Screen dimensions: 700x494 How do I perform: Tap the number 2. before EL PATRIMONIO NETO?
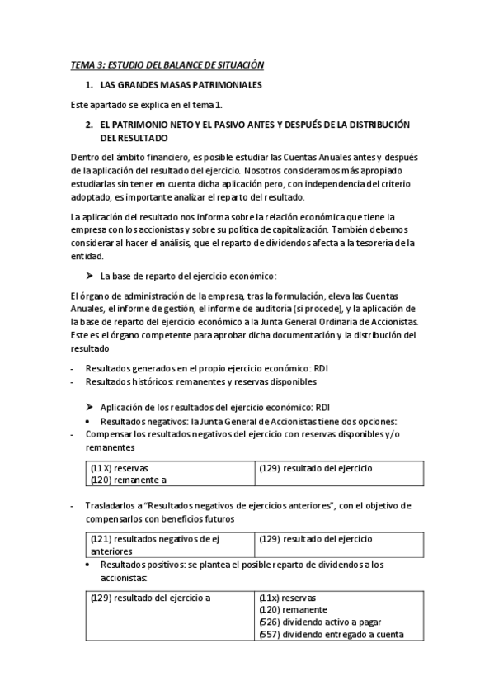pyautogui.click(x=88, y=124)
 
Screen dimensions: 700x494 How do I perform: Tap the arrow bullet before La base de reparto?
pyautogui.click(x=89, y=275)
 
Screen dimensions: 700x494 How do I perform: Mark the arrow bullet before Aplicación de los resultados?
pyautogui.click(x=89, y=407)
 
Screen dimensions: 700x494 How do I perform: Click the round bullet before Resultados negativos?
pyautogui.click(x=89, y=421)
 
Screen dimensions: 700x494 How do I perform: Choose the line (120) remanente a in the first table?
pyautogui.click(x=129, y=479)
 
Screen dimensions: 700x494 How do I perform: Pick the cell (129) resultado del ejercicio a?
pyautogui.click(x=151, y=598)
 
